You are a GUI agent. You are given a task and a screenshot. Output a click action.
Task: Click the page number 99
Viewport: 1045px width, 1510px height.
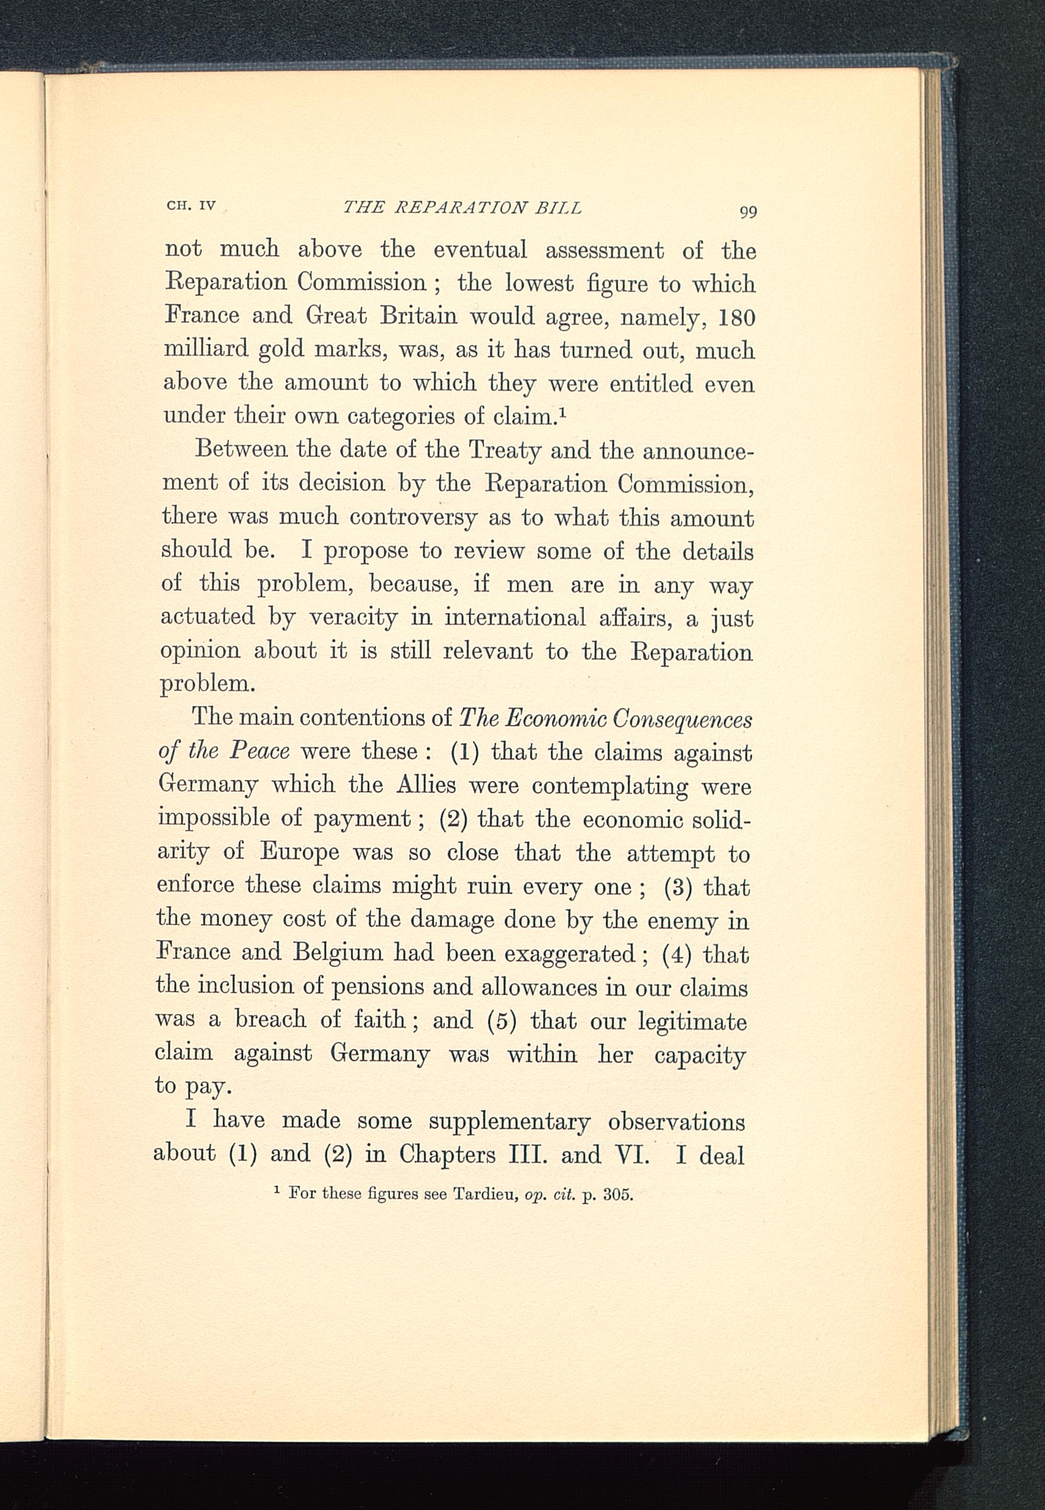click(x=748, y=212)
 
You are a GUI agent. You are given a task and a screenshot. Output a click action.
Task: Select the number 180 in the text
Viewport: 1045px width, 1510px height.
click(x=737, y=318)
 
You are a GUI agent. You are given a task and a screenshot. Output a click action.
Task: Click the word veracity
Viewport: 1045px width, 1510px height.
click(x=353, y=617)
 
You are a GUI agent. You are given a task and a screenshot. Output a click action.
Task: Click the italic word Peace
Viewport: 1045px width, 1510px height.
click(x=259, y=751)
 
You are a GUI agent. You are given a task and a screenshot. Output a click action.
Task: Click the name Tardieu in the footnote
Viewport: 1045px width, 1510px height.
click(x=486, y=1194)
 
